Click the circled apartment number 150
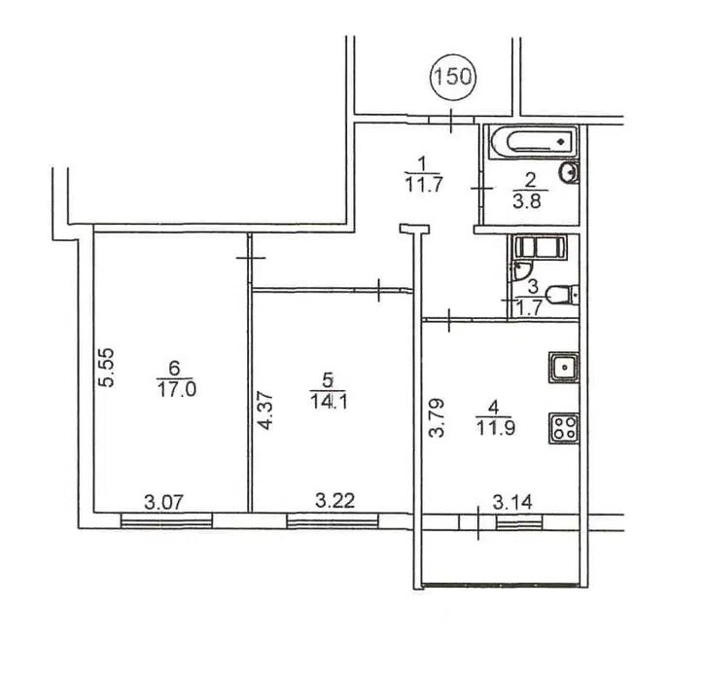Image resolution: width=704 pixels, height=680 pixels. [x=453, y=76]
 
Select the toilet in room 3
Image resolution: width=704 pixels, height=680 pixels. [x=562, y=295]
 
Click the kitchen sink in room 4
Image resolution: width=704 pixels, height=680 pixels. [x=564, y=368]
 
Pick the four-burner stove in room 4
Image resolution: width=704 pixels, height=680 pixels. [x=564, y=428]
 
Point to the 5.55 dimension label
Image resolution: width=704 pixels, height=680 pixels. [x=107, y=368]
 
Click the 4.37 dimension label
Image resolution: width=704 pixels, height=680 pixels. [x=265, y=411]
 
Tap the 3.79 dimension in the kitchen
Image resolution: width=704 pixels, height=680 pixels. [x=437, y=417]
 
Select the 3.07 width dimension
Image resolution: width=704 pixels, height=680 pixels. [x=164, y=502]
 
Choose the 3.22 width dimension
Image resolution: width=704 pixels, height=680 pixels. [x=334, y=500]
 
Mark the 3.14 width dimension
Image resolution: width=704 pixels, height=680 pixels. [x=512, y=502]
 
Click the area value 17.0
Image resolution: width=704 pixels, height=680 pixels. [x=177, y=389]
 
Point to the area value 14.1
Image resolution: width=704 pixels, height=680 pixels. [x=329, y=401]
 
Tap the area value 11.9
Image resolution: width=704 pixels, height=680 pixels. [x=496, y=428]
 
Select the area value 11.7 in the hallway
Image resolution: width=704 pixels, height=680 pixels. [x=424, y=184]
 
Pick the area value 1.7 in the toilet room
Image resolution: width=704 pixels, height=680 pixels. [x=530, y=308]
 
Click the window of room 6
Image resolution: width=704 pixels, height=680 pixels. [x=166, y=521]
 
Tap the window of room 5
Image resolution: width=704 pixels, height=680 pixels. [x=333, y=521]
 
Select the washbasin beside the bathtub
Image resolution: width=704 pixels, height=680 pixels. [x=569, y=172]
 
